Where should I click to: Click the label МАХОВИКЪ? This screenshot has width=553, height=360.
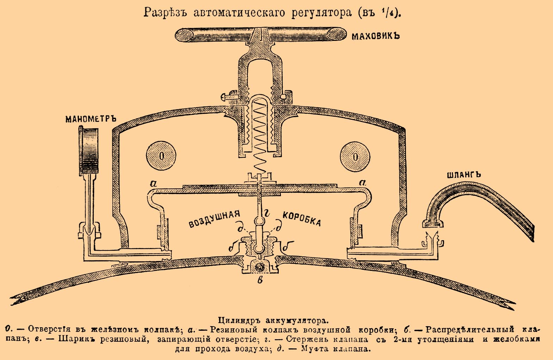376,36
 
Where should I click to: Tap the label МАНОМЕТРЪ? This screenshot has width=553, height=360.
91,119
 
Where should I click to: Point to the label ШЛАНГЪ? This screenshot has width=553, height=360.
463,175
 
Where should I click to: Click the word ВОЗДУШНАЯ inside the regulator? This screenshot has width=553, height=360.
214,219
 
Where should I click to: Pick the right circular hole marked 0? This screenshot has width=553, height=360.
355,156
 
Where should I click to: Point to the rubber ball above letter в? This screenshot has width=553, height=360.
260,266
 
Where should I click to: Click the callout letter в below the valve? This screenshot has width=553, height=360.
260,280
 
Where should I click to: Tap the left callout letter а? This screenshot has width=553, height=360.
153,183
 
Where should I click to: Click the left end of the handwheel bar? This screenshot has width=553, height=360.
184,35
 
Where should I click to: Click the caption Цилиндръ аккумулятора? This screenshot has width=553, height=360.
273,321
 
